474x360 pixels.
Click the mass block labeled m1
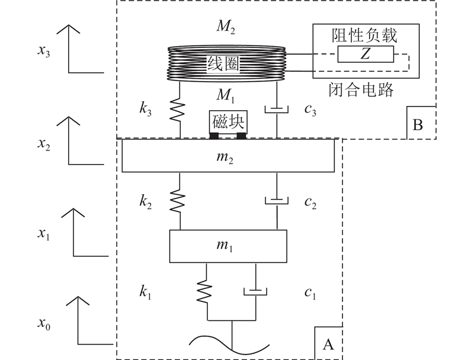click(x=228, y=246)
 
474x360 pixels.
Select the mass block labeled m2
click(x=228, y=156)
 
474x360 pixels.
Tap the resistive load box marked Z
click(x=366, y=54)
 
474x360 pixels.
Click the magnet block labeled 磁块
click(x=228, y=123)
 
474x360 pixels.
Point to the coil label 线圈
click(x=223, y=64)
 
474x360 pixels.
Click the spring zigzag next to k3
click(x=177, y=111)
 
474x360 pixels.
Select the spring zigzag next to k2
click(x=177, y=201)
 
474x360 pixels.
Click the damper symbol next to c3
click(x=277, y=110)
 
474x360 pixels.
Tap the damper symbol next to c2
click(x=277, y=200)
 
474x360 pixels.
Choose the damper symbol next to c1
click(x=255, y=291)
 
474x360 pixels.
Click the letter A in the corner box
click(x=328, y=344)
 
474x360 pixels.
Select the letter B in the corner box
click(x=418, y=124)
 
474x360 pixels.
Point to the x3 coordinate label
click(x=44, y=50)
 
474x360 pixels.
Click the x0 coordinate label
click(x=44, y=323)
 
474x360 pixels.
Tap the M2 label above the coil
click(x=226, y=27)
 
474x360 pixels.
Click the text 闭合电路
click(x=361, y=90)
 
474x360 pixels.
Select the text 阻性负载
click(x=364, y=36)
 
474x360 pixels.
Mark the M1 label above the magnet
click(x=226, y=95)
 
